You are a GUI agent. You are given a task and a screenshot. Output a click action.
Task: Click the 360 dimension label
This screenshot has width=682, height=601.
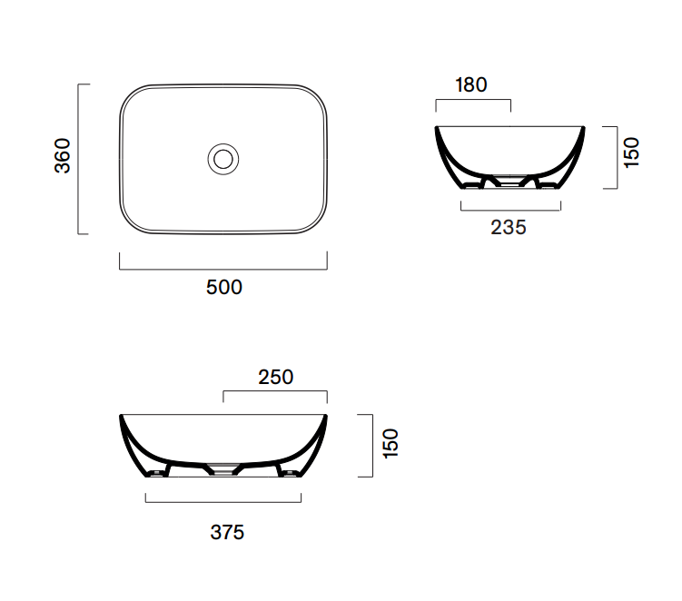(x=63, y=155)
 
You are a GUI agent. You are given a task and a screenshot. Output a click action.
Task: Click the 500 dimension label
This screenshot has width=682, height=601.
(x=224, y=288)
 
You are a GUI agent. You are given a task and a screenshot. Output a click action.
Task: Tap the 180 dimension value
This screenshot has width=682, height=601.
(x=471, y=84)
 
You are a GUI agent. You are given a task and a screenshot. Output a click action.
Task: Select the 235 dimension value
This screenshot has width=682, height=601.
(x=509, y=228)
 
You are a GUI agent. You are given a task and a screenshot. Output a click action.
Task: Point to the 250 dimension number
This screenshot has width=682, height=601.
(x=276, y=377)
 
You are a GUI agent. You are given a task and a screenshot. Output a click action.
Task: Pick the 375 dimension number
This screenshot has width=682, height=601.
(x=227, y=532)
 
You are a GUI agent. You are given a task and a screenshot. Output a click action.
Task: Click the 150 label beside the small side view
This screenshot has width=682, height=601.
(x=631, y=153)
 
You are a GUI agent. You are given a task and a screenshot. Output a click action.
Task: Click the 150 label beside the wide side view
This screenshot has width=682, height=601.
(x=390, y=443)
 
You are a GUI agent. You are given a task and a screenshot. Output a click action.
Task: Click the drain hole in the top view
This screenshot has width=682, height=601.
(x=223, y=159)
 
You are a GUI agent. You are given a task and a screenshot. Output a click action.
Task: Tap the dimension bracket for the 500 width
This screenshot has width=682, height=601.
(x=223, y=270)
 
